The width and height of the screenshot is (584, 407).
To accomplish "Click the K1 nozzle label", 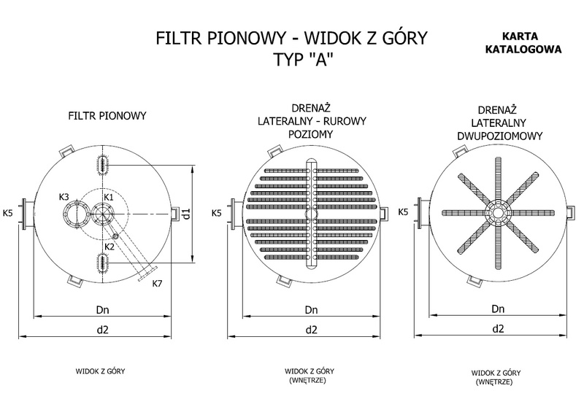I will tap(109, 198).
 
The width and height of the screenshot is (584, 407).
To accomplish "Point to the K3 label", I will tap(64, 198).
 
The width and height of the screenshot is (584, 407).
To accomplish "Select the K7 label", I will tap(157, 283).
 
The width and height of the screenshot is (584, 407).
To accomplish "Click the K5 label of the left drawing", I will tap(7, 214).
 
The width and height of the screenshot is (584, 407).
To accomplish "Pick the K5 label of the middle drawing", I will tap(216, 213).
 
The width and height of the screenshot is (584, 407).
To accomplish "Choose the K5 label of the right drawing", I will tap(402, 212).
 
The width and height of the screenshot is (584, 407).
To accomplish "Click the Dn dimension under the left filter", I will tap(102, 309).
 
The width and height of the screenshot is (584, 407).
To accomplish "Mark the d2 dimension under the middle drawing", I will tap(311, 329).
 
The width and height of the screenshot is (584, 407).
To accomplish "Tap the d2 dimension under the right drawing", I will tap(499, 328).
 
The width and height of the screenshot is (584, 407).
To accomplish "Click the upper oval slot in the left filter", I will tap(101, 164).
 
